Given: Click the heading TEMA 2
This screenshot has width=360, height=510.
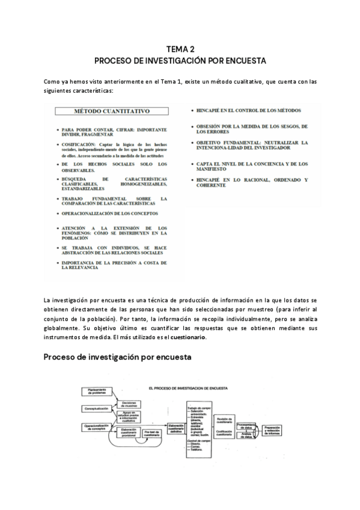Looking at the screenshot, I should tap(180, 49).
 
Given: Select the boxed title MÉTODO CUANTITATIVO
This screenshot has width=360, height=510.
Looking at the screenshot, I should tap(112, 111).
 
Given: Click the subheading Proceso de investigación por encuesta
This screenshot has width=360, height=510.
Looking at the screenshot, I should tap(117, 357).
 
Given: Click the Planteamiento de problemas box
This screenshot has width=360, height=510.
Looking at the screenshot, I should tap(94, 392).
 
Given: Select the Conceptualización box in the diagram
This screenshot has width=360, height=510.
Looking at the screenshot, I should tap(93, 408).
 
